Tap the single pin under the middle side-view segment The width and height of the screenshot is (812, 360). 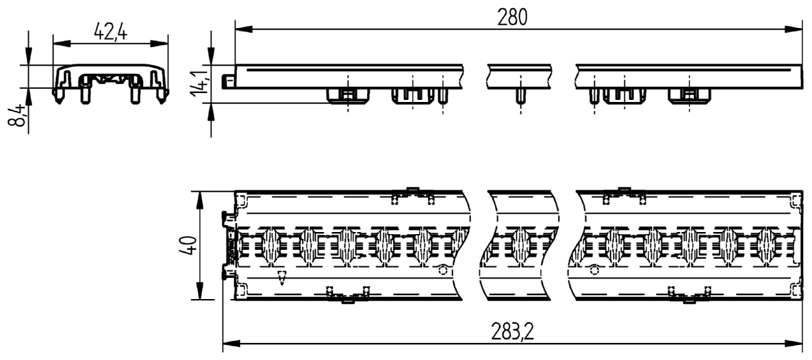(520, 94)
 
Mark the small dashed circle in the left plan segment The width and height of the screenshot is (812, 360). (443, 270)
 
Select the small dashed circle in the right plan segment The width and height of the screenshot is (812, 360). (594, 270)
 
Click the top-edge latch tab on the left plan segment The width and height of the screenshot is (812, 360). (412, 190)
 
